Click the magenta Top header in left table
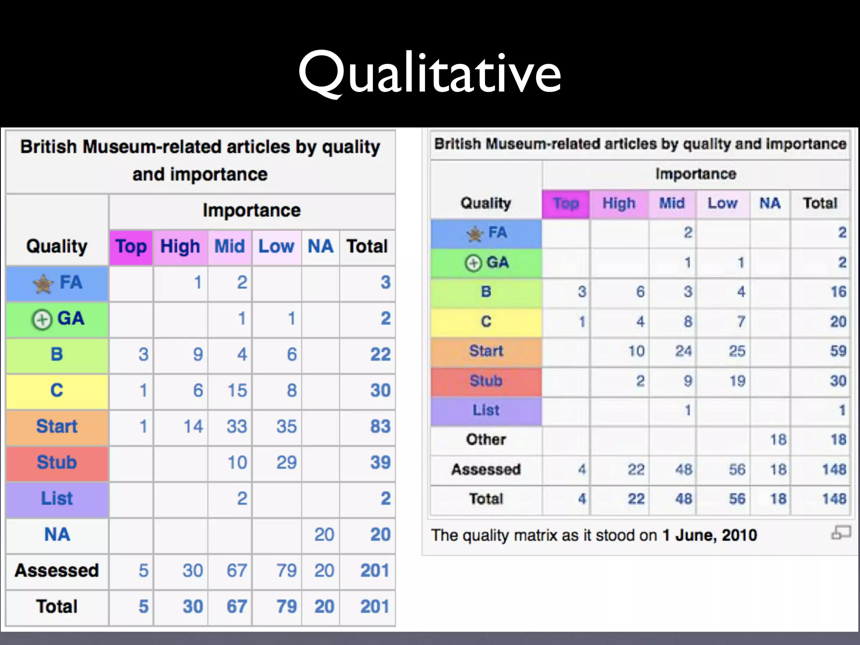pos(131,246)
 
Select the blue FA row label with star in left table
pos(58,283)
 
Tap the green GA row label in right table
pos(487,263)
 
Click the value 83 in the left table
pos(380,427)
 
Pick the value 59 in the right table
pos(838,351)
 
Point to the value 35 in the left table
pos(286,427)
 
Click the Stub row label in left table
pos(57,463)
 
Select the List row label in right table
pos(486,410)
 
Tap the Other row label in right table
pos(486,440)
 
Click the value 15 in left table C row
pos(237,391)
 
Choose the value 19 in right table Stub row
pos(737,381)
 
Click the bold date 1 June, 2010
pos(710,535)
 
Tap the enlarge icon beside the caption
pos(841,533)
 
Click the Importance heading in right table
pos(696,174)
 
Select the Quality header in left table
pos(57,246)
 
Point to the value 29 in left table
pos(286,463)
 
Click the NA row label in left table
pos(57,535)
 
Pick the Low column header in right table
pos(722,204)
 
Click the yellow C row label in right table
pos(486,322)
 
